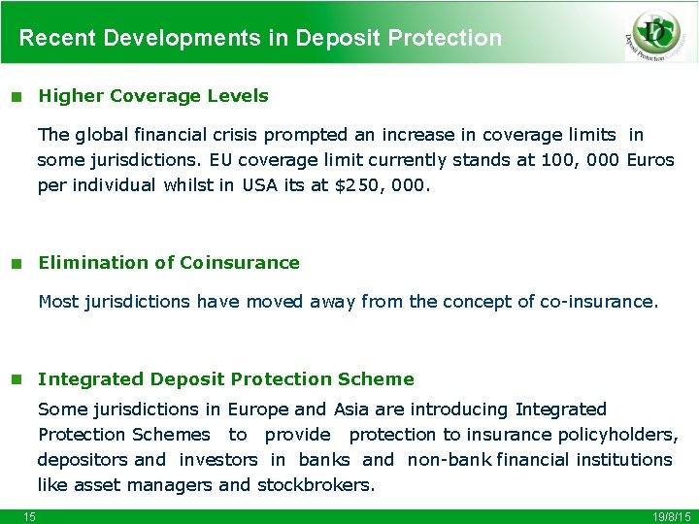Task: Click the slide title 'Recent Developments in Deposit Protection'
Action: click(260, 38)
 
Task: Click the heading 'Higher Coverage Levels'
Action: click(152, 96)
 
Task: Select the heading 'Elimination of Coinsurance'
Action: click(168, 263)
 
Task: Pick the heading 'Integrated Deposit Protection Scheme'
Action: click(225, 379)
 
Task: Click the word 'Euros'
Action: click(650, 160)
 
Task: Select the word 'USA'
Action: click(260, 185)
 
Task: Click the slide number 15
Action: click(30, 516)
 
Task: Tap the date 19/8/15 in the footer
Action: click(669, 516)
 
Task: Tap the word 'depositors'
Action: click(83, 459)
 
